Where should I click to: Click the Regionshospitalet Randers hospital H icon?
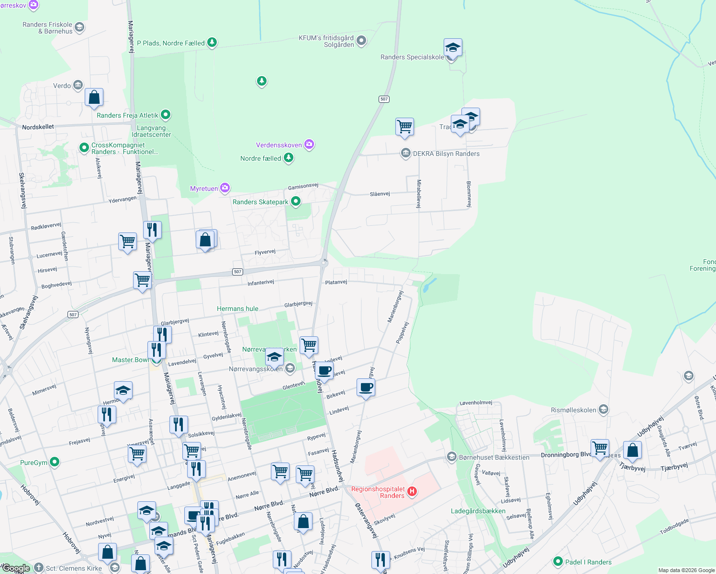(x=412, y=491)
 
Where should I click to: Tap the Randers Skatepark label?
(x=260, y=202)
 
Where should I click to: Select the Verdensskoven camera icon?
(x=309, y=144)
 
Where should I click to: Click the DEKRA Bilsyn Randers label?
(x=446, y=154)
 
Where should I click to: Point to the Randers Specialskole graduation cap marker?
(x=452, y=48)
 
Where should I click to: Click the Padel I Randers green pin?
(x=558, y=562)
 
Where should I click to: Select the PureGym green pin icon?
(x=55, y=462)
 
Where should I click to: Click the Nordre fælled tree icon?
(x=288, y=157)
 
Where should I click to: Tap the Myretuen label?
(x=204, y=188)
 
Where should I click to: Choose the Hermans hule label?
(x=237, y=309)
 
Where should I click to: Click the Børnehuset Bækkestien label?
(x=494, y=457)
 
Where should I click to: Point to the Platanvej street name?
(x=336, y=282)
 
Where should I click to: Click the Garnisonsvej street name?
(x=303, y=186)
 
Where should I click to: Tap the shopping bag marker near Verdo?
(x=94, y=97)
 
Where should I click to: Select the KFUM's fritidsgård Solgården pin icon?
(x=361, y=41)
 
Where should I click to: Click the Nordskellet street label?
(x=38, y=127)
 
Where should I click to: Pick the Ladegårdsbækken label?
(x=478, y=511)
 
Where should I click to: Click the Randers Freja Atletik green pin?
(x=166, y=115)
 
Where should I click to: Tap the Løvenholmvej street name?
(x=476, y=403)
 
